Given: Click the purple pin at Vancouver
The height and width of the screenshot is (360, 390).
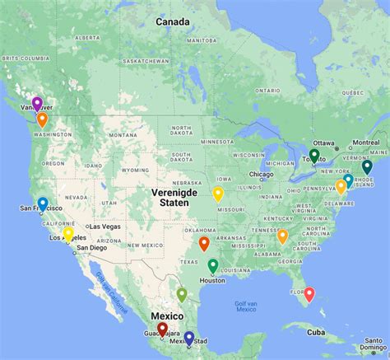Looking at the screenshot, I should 37,104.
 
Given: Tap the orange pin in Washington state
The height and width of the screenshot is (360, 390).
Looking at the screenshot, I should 42,119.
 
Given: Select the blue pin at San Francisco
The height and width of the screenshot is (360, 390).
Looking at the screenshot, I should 43,203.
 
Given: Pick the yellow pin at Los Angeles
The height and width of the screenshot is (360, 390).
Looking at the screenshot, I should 68,233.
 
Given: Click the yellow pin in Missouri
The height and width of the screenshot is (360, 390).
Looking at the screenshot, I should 218,194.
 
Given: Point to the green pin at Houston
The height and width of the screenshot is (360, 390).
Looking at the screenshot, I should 213,265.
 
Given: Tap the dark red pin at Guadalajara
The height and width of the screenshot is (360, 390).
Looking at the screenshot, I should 162,329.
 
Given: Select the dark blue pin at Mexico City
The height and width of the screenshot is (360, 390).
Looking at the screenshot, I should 189,337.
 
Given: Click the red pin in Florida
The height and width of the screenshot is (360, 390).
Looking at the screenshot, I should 309,293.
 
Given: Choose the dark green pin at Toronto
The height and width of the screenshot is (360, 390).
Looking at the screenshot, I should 314,155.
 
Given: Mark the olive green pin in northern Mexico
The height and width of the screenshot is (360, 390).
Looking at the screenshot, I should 182,294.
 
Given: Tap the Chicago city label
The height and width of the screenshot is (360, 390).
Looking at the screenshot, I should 262,175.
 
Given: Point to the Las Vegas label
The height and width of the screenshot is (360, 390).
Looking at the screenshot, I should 106,226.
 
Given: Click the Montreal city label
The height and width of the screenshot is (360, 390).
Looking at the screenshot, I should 364,142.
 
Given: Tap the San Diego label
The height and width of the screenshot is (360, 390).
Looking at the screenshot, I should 112,247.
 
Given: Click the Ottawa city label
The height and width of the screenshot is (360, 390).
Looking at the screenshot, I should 324,142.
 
